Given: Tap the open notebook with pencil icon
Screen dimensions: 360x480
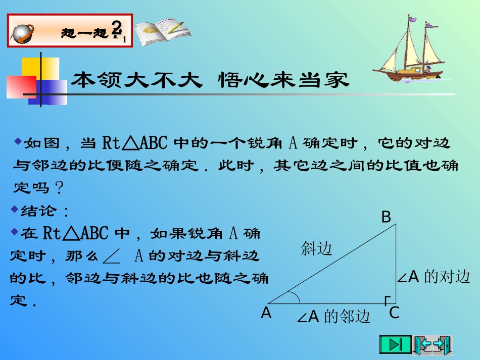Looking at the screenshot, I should coord(160,31).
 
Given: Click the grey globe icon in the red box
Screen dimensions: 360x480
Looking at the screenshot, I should coord(24,32).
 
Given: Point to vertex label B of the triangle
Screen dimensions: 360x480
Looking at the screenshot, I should coord(386,218).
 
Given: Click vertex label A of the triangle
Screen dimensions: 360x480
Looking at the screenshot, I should coord(266,314).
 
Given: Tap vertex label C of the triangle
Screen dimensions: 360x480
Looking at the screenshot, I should coord(395,313).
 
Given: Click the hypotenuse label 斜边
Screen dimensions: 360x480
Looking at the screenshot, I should coord(317,248).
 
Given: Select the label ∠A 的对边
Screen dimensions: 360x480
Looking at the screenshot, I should coord(434,277).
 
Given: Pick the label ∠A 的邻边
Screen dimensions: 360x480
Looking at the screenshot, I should coord(333,317).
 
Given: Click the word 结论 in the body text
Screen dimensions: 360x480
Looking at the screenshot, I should coord(39,210).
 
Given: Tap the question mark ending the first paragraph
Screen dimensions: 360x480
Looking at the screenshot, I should coord(59,188).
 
